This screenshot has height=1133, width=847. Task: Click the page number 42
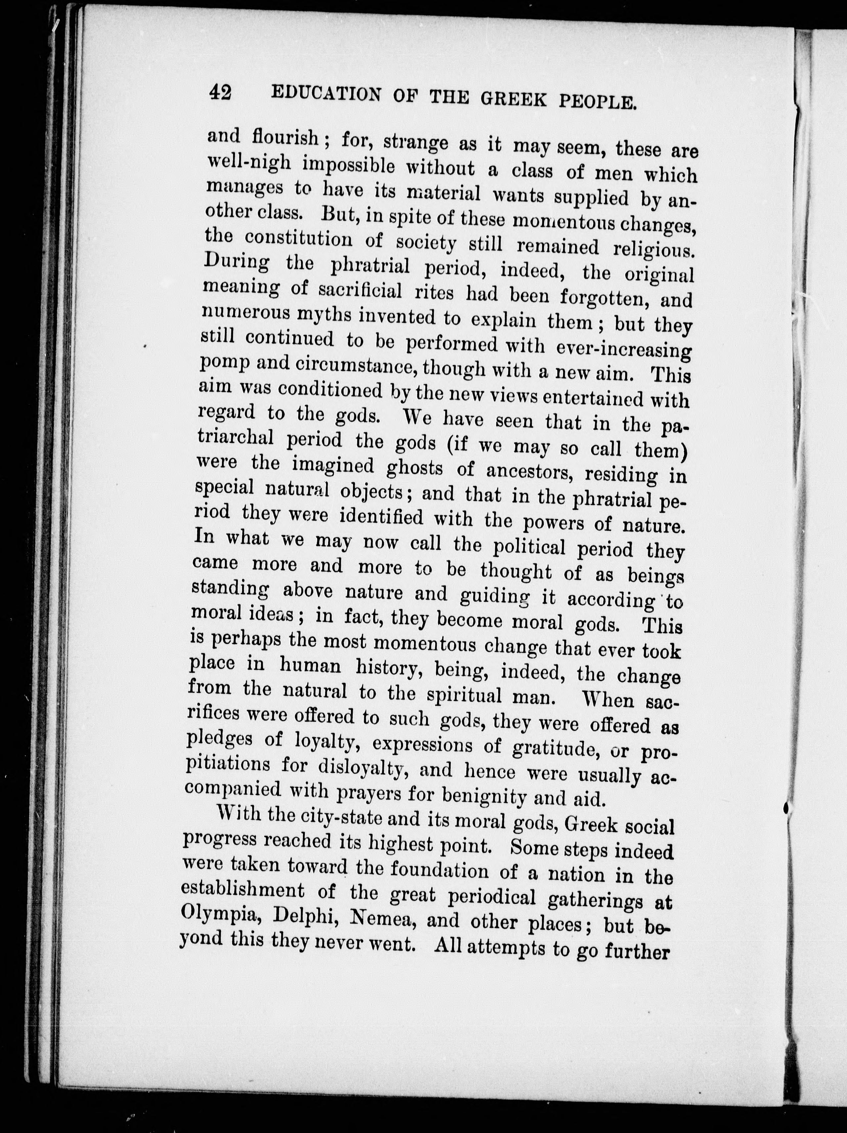pos(220,92)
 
